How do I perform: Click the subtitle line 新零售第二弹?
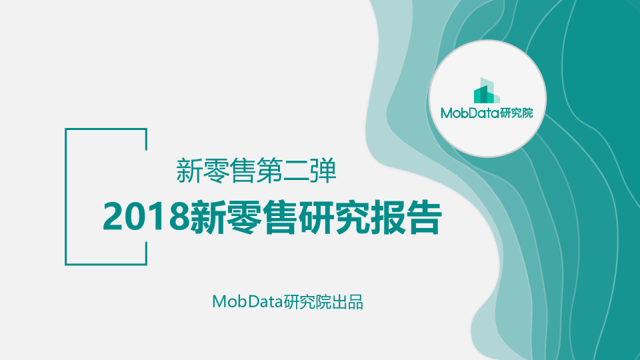click(x=256, y=171)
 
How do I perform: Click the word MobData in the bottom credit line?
click(x=247, y=301)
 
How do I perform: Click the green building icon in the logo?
click(x=487, y=91)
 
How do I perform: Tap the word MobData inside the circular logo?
click(x=470, y=113)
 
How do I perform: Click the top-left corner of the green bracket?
click(x=66, y=129)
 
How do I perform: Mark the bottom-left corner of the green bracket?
click(x=66, y=264)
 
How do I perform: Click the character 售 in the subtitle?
click(x=243, y=171)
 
